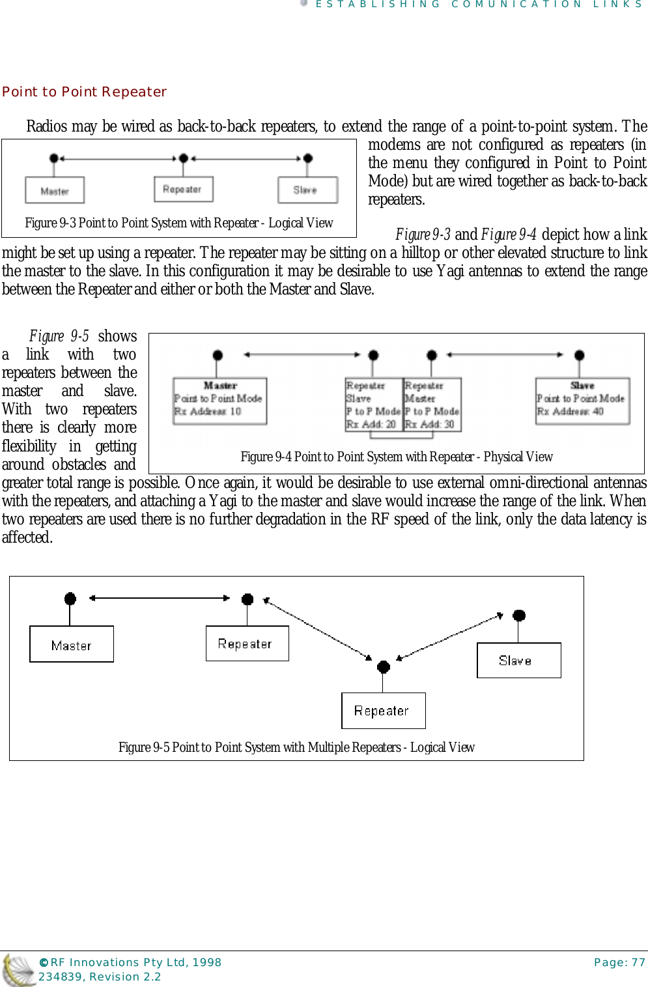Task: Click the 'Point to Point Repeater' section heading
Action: pos(84,92)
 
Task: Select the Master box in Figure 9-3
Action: pos(55,190)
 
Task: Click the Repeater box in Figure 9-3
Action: pos(183,189)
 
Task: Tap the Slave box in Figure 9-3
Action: pos(307,190)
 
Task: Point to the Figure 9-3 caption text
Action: pos(178,223)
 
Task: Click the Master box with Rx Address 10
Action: pos(219,401)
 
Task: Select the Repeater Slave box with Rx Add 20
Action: pos(373,405)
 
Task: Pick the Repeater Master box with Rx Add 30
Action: pos(432,405)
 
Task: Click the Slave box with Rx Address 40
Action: pos(582,401)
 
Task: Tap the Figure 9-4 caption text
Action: pos(396,457)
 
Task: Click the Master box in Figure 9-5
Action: pos(72,644)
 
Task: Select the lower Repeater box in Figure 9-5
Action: pos(383,711)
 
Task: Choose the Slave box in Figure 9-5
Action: pos(518,661)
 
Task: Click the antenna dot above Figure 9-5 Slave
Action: pos(518,616)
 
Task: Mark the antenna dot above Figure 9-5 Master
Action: pos(70,599)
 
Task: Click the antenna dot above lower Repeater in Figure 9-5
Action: pos(384,666)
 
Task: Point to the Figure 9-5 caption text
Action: pos(296,747)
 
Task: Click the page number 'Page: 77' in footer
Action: pos(619,962)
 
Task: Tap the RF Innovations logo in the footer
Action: pos(18,969)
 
